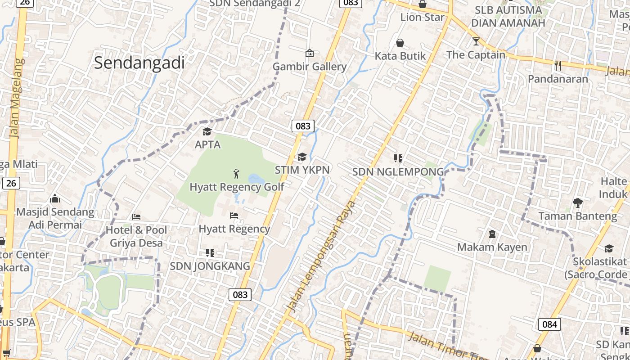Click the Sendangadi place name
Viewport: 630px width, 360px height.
click(139, 63)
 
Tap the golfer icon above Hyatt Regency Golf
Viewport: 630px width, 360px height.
click(236, 173)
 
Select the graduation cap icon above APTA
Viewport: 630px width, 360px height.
click(207, 131)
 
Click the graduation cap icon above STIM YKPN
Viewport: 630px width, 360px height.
click(302, 157)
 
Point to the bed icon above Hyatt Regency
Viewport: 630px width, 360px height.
click(234, 216)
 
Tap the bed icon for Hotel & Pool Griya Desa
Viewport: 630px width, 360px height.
click(136, 217)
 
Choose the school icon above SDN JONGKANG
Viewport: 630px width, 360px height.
click(210, 252)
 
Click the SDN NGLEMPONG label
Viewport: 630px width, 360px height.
click(398, 171)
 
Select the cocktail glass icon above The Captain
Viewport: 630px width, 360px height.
click(476, 42)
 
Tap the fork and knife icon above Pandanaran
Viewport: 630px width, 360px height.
click(558, 66)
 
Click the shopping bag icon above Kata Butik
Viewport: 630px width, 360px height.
click(400, 43)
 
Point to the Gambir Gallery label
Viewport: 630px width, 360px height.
click(310, 67)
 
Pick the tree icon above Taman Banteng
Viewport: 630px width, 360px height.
click(578, 203)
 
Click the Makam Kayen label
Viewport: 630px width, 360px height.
click(492, 247)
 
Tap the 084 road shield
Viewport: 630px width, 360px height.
click(549, 324)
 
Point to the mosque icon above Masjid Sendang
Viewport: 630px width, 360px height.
click(55, 198)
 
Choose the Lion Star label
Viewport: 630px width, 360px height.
click(422, 17)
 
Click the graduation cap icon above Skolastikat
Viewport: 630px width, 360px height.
click(609, 248)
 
